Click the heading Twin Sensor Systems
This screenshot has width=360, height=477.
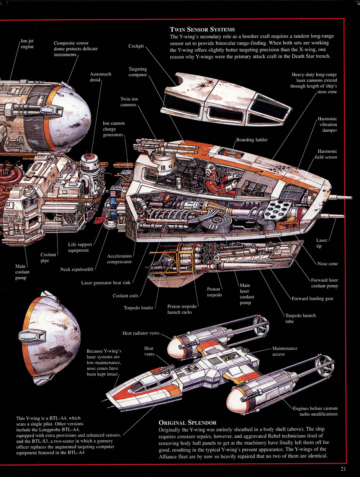pos(202,29)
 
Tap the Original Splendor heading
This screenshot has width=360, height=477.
pos(187,423)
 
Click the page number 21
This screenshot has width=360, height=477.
pos(343,469)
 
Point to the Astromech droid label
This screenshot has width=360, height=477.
pos(100,77)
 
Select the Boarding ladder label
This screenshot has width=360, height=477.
pos(252,140)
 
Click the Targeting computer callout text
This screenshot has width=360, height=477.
pos(137,72)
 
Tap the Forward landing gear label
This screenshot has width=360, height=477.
pos(313,299)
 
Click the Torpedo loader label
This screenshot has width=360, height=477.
pos(138,307)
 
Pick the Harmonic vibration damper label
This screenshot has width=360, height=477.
pos(327,125)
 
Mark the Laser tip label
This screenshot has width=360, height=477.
pos(322,243)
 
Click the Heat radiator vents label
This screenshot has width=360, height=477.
pos(141,333)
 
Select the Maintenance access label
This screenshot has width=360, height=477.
pos(285,351)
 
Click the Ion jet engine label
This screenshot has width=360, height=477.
pos(27,44)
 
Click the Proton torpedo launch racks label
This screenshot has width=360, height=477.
pos(182,309)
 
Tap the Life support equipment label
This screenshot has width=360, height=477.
pos(79,247)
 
